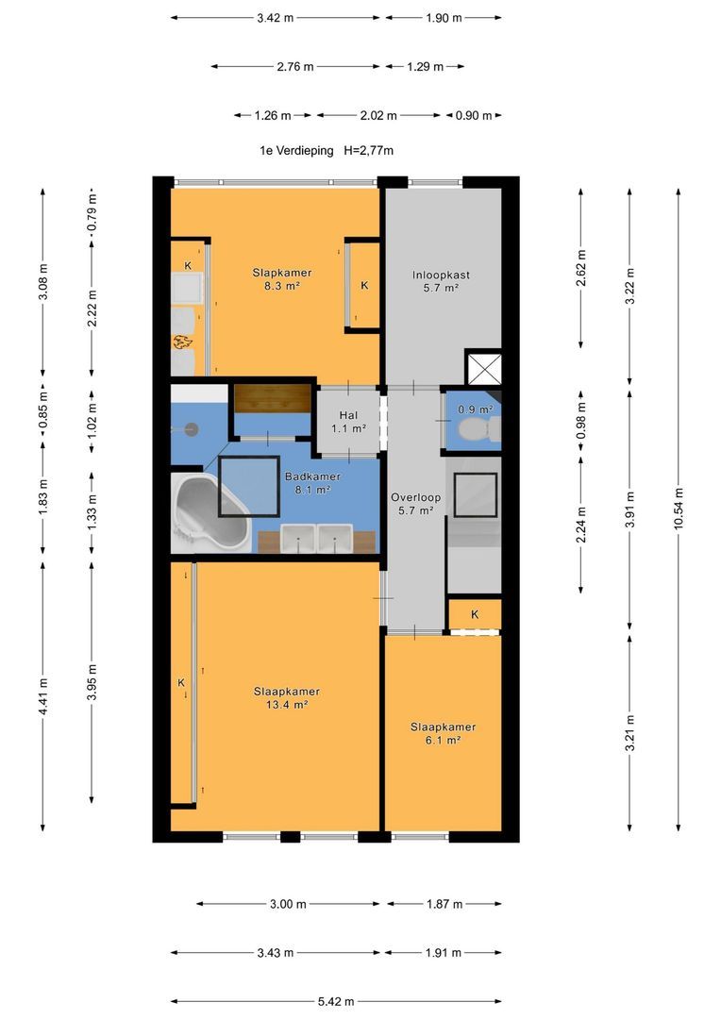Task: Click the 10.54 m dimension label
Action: pyautogui.click(x=679, y=509)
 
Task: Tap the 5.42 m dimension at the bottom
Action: pyautogui.click(x=336, y=1001)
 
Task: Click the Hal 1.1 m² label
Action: pyautogui.click(x=348, y=422)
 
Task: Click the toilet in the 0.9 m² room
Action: pyautogui.click(x=478, y=429)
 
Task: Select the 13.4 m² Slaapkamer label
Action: pyautogui.click(x=287, y=698)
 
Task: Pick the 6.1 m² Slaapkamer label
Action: pyautogui.click(x=443, y=733)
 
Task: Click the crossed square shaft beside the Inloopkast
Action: pyautogui.click(x=484, y=368)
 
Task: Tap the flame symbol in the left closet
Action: pyautogui.click(x=183, y=342)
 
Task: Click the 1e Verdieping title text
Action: pyautogui.click(x=296, y=151)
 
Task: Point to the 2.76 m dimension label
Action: pyautogui.click(x=295, y=66)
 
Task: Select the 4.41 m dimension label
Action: pyautogui.click(x=42, y=696)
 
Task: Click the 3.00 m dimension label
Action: pyautogui.click(x=288, y=904)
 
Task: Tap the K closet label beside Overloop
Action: pyautogui.click(x=475, y=614)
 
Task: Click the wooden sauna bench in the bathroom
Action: pyautogui.click(x=272, y=398)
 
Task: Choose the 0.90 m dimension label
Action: pyautogui.click(x=474, y=116)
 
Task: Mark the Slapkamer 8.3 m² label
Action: pyautogui.click(x=282, y=279)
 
